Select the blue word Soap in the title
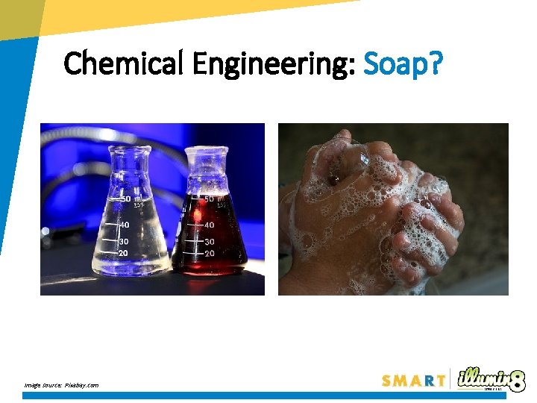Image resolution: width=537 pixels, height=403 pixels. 395,64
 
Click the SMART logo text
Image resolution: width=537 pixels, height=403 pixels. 414,381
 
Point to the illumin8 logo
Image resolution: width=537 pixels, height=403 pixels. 492,378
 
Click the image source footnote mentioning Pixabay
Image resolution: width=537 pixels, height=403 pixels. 60,385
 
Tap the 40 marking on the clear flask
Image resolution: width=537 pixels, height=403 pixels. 124,225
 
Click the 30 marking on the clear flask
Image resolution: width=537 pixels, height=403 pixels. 123,241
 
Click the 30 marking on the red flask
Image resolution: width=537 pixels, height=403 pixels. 210,242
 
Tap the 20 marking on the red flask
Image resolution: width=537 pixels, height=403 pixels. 210,254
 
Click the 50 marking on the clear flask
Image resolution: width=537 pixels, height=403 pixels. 126,199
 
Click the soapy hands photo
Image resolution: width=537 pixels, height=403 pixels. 393,209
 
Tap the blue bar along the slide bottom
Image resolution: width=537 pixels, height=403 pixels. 268,396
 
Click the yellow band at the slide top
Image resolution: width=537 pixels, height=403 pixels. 186,13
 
